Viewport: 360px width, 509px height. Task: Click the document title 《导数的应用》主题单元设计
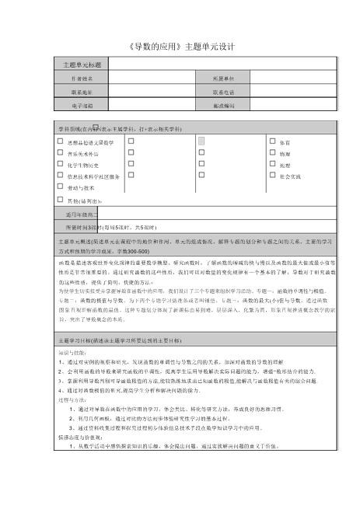coord(180,47)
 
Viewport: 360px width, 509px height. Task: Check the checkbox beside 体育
coord(271,141)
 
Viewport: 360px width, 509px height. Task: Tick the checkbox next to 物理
coord(271,153)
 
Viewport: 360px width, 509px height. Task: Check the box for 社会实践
coord(271,176)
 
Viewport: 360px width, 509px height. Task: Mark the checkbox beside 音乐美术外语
coord(61,153)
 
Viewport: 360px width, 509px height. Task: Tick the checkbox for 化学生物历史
coord(61,164)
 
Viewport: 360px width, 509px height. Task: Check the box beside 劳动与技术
coord(61,187)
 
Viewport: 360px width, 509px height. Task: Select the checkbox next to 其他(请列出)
coord(61,200)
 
